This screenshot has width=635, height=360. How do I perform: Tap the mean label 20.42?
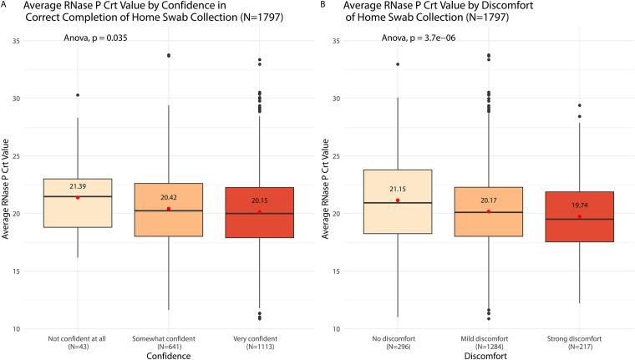coord(169,197)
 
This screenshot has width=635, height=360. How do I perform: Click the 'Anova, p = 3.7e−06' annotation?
coord(419,38)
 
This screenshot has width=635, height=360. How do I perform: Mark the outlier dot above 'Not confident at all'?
coord(77,95)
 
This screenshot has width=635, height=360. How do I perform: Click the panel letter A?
coord(4,5)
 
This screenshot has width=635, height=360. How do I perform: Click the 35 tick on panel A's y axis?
coord(18,41)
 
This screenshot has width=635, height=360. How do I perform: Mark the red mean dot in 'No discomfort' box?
coord(398,200)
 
